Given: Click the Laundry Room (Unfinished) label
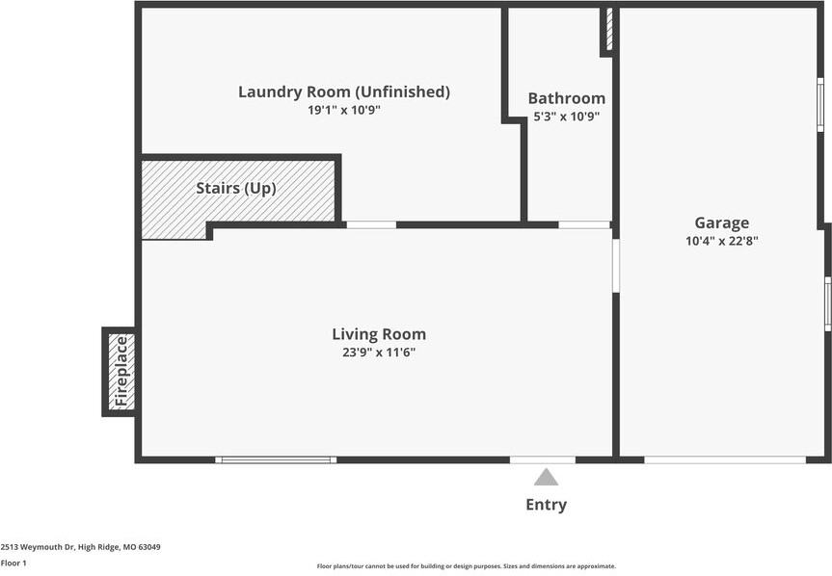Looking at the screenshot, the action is [344, 92].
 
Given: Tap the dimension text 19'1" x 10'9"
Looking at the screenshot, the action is [344, 110].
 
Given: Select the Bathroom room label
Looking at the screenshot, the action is [566, 98].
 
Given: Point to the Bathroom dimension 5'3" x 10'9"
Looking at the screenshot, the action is [566, 116].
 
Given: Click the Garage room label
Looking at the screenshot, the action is [722, 223].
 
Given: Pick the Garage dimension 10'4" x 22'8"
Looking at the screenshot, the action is [722, 241].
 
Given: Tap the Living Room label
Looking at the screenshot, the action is [379, 334].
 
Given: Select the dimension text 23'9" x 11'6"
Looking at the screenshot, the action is [379, 353].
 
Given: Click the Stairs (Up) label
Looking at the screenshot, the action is [236, 188].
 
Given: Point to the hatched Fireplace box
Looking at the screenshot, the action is [121, 372].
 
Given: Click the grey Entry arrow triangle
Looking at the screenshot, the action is [546, 477].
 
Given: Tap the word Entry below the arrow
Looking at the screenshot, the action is [546, 505].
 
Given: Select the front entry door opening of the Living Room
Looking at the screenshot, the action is [543, 460].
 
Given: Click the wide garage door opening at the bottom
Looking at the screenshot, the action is [725, 460].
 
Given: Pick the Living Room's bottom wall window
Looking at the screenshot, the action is [276, 460].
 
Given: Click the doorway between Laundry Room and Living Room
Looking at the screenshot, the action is [371, 225].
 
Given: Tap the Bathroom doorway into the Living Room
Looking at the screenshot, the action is [584, 225].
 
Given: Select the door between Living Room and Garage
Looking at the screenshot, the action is [616, 266].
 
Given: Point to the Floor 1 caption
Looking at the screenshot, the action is [13, 563].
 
